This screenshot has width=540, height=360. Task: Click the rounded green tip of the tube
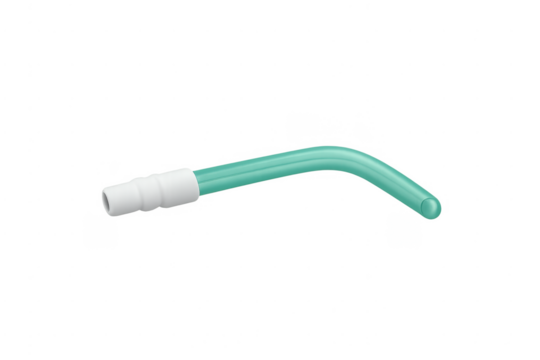431,208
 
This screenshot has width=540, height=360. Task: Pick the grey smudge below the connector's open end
99,231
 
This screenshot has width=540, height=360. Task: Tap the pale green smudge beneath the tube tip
405,231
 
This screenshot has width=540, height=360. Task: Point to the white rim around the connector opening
104,197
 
